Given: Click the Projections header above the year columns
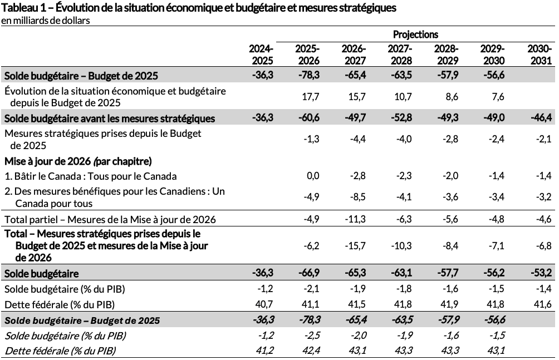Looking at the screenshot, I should (x=415, y=34).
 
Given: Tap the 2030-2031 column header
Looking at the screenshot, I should (x=539, y=55).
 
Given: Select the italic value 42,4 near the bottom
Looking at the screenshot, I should (x=310, y=351).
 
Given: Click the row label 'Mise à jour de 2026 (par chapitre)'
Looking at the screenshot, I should (x=78, y=161).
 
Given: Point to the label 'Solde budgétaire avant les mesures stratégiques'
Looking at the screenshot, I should (x=110, y=119).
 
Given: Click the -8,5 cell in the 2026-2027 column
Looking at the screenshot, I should (x=356, y=196).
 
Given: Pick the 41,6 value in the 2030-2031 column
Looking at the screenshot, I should (x=543, y=304).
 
